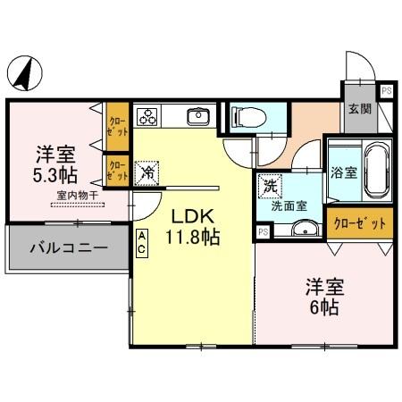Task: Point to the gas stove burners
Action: (147, 116)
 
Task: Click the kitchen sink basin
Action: (197, 116)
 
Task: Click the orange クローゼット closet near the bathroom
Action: (357, 223)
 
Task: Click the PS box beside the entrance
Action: (386, 90)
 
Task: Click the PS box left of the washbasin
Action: (263, 231)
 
